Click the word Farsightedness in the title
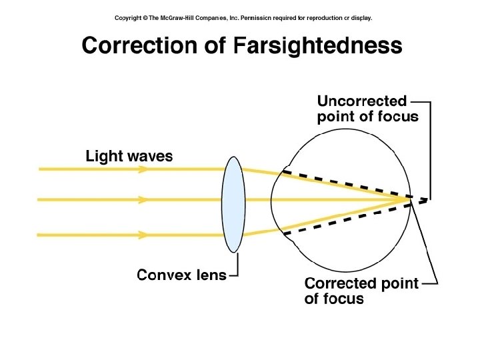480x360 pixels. [319, 45]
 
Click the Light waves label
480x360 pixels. [129, 157]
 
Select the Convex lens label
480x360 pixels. [181, 275]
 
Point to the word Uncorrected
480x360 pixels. [361, 101]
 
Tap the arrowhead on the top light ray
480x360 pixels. [142, 169]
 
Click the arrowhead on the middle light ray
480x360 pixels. [142, 199]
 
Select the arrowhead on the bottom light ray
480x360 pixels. [142, 235]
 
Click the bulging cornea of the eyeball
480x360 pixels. [273, 199]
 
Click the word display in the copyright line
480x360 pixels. [360, 18]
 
